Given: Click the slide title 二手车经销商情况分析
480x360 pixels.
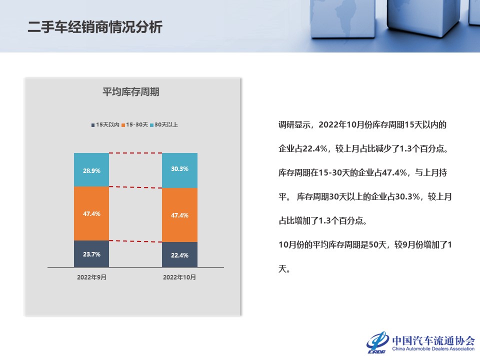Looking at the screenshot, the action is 95,27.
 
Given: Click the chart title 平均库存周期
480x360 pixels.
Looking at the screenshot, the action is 130,91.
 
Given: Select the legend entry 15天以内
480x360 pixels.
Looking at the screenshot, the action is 105,124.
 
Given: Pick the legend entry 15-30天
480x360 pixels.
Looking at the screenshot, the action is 134,124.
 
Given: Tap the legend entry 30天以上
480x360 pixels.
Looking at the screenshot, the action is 164,124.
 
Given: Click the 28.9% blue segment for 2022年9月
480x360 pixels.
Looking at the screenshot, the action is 91,169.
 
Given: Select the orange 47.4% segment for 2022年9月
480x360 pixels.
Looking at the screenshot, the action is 91,213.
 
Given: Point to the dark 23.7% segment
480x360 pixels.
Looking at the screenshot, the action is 91,254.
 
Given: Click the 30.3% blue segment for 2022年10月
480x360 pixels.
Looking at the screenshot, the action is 179,170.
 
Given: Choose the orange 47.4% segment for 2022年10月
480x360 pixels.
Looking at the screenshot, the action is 179,215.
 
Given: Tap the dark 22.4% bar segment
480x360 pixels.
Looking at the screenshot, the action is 179,254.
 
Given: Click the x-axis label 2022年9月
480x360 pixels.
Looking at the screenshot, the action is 91,277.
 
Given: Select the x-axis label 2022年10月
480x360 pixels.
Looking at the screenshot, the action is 179,277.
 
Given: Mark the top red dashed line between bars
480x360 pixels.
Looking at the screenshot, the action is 135,153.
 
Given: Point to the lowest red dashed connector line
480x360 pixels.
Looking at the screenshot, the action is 135,241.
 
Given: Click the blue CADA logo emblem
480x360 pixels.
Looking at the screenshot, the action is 378,342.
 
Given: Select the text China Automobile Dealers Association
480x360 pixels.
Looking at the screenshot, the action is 433,348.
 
